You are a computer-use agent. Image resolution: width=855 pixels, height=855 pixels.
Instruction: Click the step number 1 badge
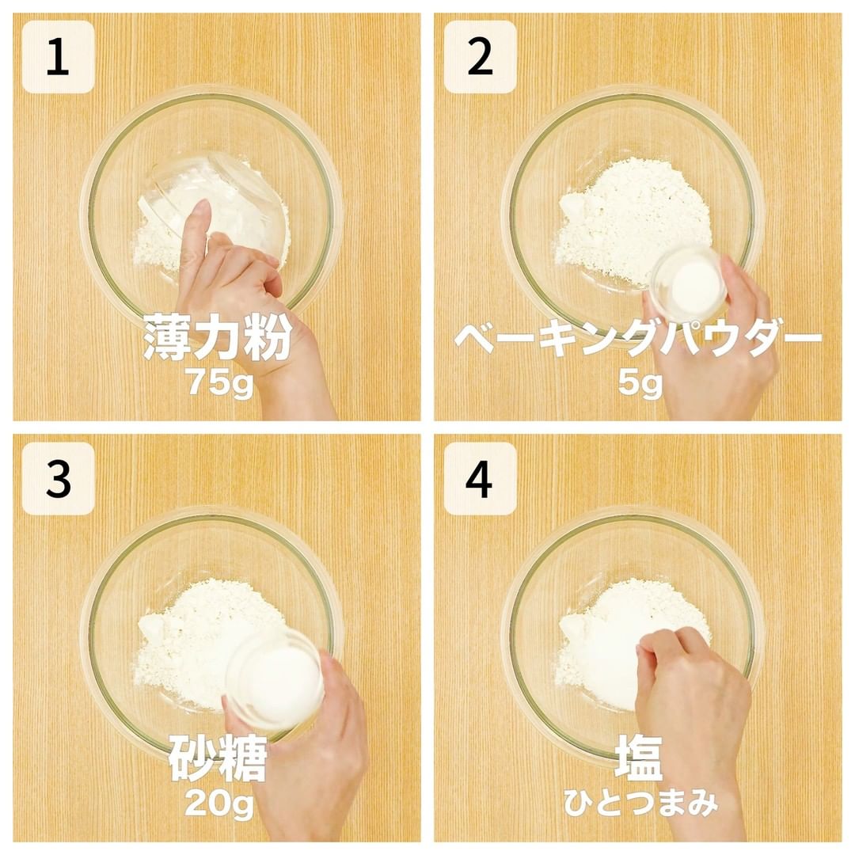58,57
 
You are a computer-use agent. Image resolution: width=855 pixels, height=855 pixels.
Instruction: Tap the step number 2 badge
480,57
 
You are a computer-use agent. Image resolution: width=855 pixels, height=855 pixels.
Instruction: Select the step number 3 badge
58,479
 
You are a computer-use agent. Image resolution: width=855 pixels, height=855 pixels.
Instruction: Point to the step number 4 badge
480,479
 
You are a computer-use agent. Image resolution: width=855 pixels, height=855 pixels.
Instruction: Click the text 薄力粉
217,337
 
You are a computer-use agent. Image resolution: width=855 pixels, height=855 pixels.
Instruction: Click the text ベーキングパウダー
638,337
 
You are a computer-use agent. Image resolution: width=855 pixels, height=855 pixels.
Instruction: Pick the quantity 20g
219,804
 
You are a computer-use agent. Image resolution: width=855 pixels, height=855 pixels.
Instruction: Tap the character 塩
639,758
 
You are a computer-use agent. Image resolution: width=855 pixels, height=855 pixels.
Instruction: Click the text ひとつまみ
640,803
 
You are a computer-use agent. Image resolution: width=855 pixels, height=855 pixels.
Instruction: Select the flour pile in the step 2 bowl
633,221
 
